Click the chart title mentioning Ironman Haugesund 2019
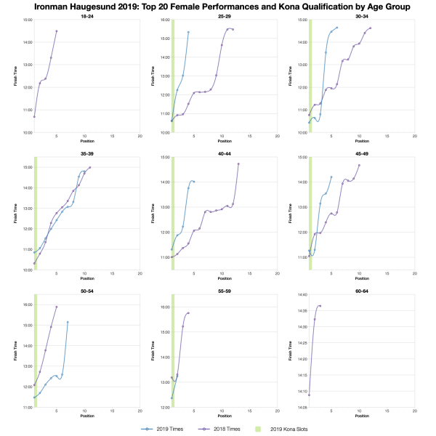[218, 6]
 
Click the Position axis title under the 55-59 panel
[225, 417]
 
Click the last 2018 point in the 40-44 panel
[238, 164]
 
